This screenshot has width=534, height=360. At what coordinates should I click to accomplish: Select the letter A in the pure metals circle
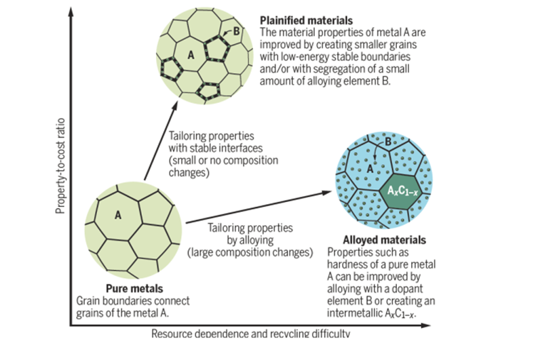pyautogui.click(x=117, y=216)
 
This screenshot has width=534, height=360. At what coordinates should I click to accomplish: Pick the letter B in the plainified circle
pyautogui.click(x=235, y=31)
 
